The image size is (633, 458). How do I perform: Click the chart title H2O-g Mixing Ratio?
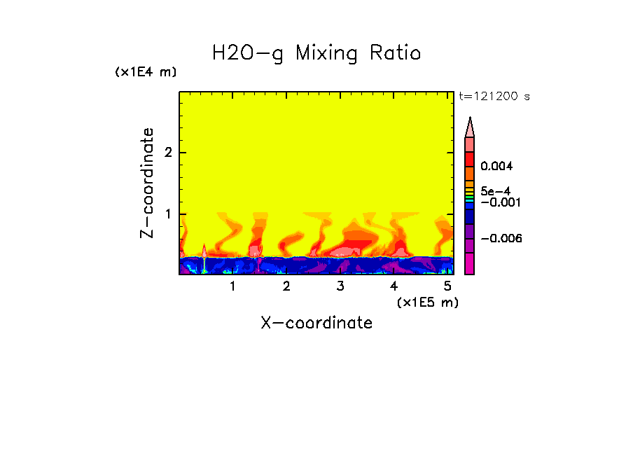click(x=316, y=53)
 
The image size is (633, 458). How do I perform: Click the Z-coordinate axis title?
click(x=147, y=183)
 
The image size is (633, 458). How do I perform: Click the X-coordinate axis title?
click(x=316, y=323)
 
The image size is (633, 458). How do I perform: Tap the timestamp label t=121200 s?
click(x=494, y=97)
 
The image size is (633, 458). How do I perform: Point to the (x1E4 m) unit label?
click(x=146, y=72)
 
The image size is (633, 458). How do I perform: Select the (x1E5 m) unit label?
click(x=427, y=302)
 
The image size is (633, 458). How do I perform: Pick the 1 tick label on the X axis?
click(x=233, y=286)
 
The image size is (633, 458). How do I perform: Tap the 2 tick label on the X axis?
click(x=286, y=286)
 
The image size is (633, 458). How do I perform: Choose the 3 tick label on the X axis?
click(x=340, y=286)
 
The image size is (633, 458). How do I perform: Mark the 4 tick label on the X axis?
click(x=394, y=286)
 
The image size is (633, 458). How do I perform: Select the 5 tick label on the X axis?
click(x=447, y=286)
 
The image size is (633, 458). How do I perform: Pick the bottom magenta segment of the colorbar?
click(x=470, y=264)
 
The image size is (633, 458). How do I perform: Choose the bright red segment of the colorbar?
click(x=470, y=159)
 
